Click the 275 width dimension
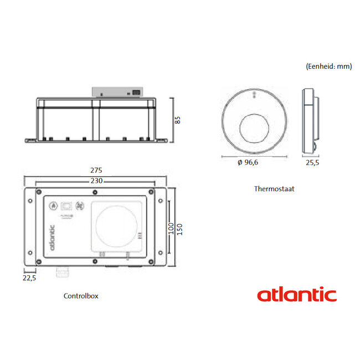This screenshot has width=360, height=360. (x=98, y=170)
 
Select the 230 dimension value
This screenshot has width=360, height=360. (x=96, y=181)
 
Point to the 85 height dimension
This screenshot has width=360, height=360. (x=178, y=119)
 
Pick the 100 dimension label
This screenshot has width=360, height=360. (x=171, y=228)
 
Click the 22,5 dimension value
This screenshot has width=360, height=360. (x=30, y=278)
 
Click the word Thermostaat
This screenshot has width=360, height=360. (x=274, y=188)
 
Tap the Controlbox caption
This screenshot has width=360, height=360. (x=81, y=296)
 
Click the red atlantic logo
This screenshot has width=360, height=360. (x=296, y=294)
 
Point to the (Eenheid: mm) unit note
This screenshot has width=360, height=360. (x=328, y=65)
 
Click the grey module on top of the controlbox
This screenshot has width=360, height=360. (x=117, y=92)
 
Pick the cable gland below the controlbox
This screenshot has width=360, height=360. (x=60, y=271)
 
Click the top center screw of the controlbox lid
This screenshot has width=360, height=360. (x=95, y=192)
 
